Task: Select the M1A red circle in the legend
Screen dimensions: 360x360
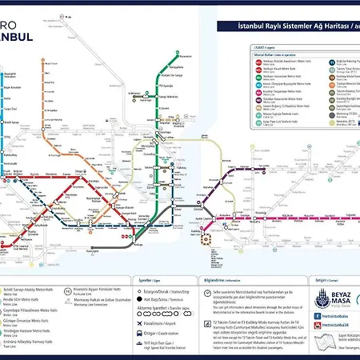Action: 257,62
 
